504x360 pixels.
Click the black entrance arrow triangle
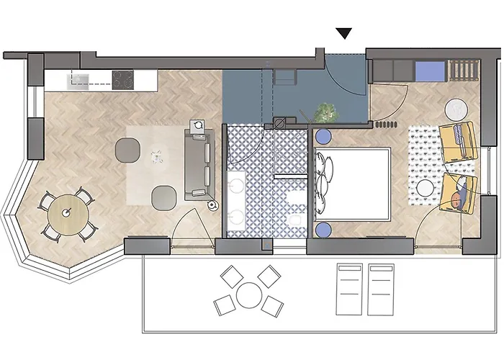click(345, 33)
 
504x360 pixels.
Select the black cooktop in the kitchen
click(122, 78)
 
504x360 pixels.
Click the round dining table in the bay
click(68, 212)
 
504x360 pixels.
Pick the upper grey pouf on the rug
click(127, 148)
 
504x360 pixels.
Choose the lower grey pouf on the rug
click(164, 194)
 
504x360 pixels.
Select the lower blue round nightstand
click(323, 229)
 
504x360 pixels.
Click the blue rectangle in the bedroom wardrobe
click(430, 71)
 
